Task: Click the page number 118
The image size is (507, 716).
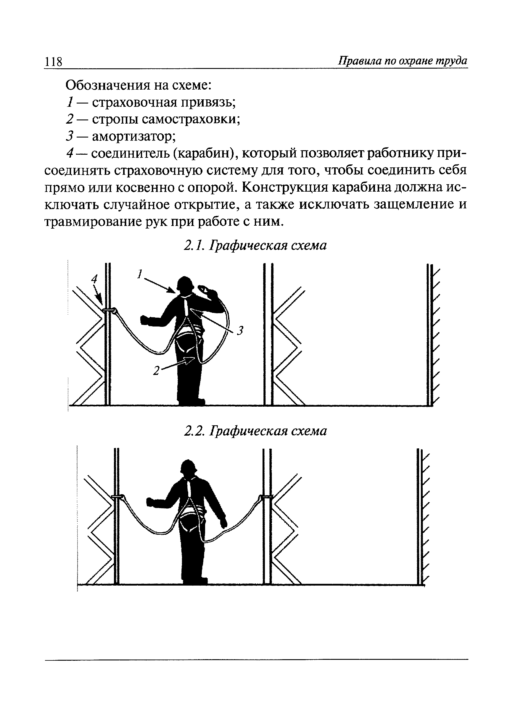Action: click(x=54, y=62)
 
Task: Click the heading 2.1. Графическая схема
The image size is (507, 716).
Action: click(x=255, y=245)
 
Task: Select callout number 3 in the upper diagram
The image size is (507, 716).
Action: click(x=240, y=330)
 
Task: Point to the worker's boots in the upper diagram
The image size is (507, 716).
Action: click(x=191, y=401)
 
